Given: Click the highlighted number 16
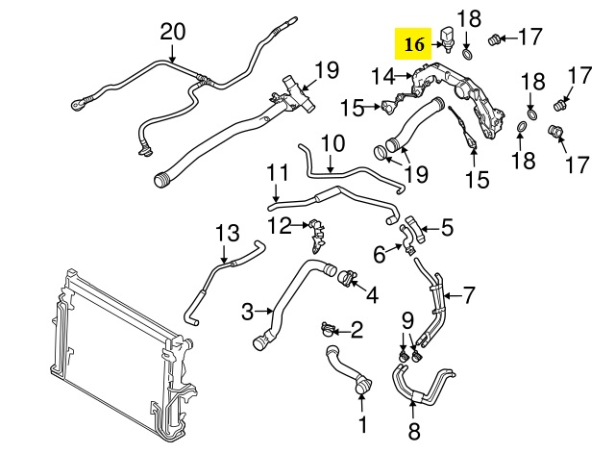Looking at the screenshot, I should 414,44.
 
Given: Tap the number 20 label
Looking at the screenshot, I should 172,31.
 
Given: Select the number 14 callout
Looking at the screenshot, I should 382,75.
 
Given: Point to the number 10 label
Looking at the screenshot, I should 332,145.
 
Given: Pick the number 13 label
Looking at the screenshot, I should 225,233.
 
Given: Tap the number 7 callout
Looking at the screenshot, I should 468,294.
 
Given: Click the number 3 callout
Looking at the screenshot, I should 247,311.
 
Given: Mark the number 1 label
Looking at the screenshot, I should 362,424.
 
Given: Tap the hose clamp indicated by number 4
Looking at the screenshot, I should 346,278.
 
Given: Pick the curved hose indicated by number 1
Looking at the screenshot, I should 341,371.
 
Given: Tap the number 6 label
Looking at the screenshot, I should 379,254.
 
